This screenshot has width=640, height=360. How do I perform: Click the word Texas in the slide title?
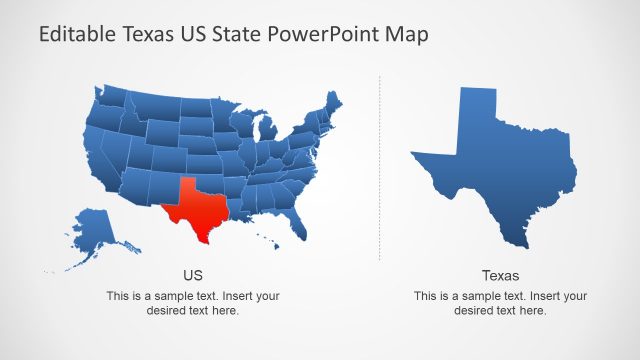149,35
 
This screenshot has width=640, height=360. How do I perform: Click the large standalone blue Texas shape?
500,180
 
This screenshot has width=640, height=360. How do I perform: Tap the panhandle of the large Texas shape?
476,115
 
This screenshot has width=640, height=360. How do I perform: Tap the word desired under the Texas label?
475,311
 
